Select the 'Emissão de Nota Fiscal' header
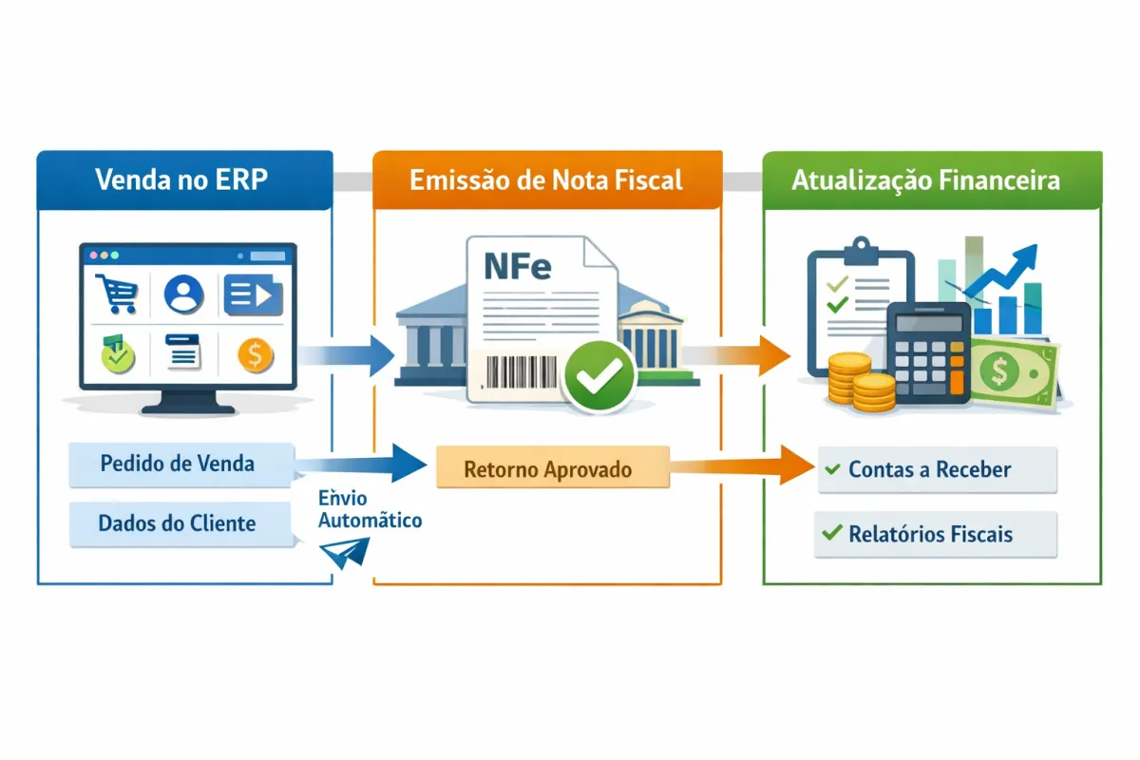tap(546, 180)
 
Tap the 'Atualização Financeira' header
tap(932, 180)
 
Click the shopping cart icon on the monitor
tap(117, 294)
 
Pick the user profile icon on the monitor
tap(183, 294)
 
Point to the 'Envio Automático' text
tap(370, 509)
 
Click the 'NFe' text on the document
tap(517, 267)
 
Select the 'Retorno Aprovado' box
tap(552, 468)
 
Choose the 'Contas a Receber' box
tap(937, 469)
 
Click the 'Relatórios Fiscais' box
tap(935, 534)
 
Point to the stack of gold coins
tap(860, 382)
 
